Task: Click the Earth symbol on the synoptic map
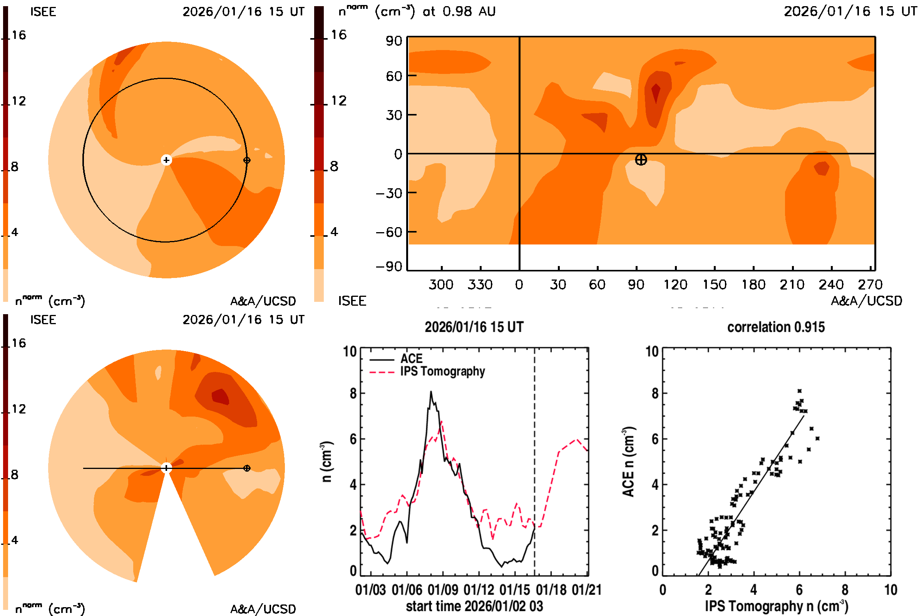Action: coord(641,160)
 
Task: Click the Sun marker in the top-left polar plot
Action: coord(166,160)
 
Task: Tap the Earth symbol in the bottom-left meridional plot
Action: coord(247,468)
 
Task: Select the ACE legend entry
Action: coord(411,359)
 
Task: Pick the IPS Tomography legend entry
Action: coord(442,371)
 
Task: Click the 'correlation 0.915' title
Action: coord(776,327)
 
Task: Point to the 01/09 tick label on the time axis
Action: coord(443,590)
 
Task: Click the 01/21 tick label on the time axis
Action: coord(586,590)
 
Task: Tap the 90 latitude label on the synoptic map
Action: coord(393,41)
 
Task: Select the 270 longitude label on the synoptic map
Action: coord(870,285)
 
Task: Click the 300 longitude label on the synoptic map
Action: coord(441,285)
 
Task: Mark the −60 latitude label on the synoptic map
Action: coord(389,232)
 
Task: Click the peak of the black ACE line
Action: coord(431,392)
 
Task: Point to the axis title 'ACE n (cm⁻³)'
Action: coord(629,462)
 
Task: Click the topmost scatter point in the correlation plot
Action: coord(800,391)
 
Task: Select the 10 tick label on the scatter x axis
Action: coord(891,590)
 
